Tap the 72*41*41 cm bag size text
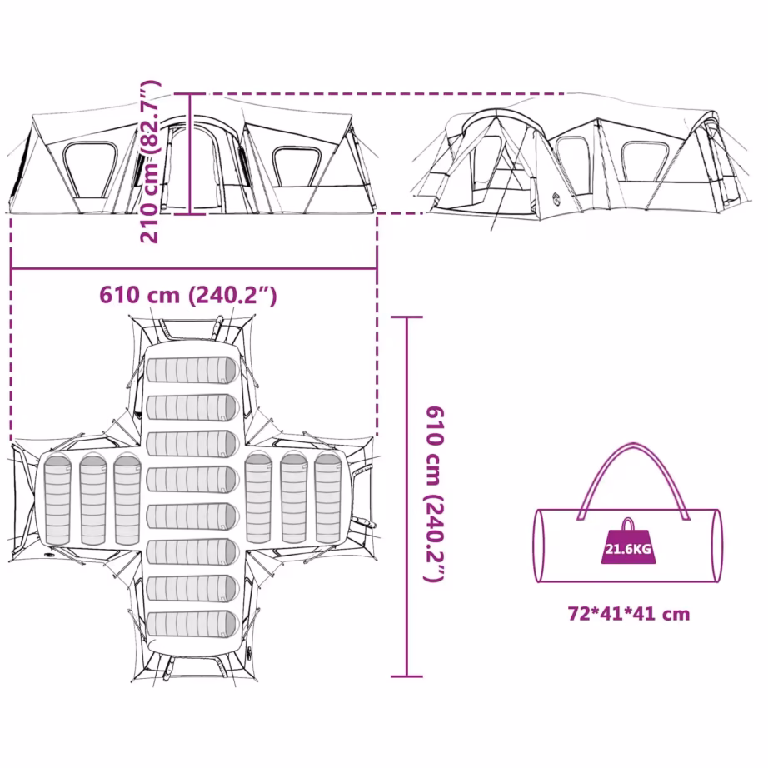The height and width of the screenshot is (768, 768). (628, 614)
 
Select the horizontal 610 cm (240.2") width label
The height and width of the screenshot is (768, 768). (188, 296)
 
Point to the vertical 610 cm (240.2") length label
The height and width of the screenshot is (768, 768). (435, 494)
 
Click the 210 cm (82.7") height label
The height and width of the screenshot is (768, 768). (150, 162)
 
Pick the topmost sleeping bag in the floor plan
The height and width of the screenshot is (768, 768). (192, 370)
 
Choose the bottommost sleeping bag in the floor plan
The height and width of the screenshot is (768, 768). (192, 625)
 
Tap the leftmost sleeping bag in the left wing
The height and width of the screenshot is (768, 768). (57, 499)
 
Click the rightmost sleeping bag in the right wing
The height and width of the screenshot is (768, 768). (328, 498)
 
